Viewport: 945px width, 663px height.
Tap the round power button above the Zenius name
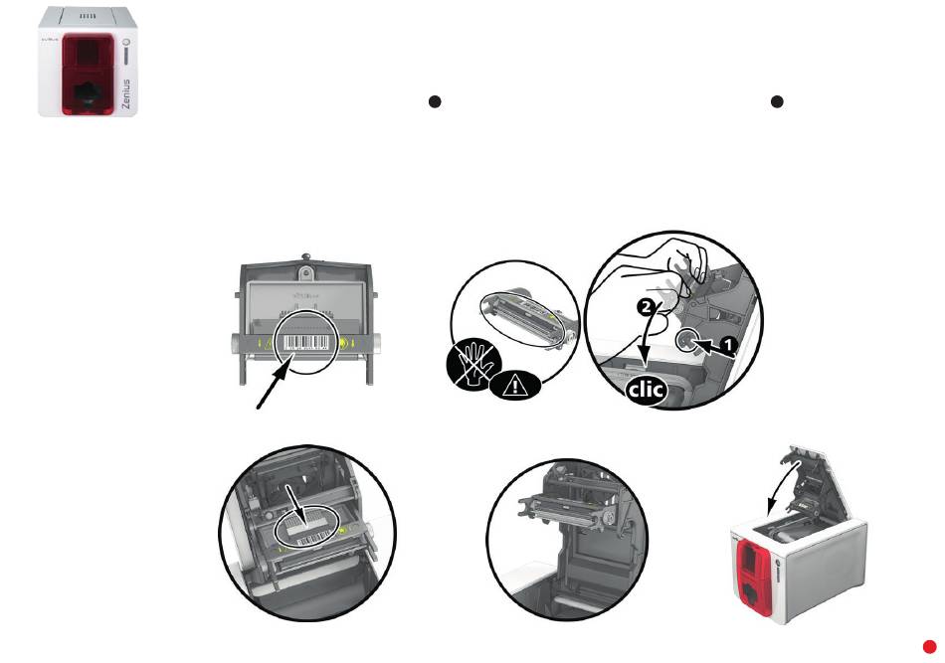pyautogui.click(x=126, y=43)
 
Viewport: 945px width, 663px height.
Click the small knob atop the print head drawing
pyautogui.click(x=306, y=260)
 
